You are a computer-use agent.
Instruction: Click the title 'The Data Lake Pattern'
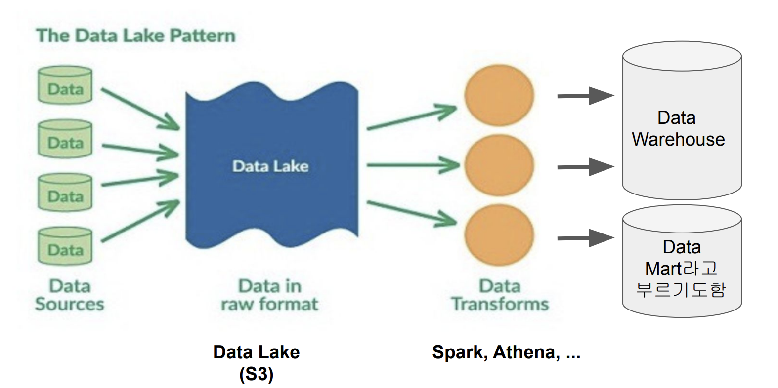(x=135, y=36)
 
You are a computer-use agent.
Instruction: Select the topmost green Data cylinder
(x=65, y=86)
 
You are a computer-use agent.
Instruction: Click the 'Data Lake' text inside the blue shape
(x=270, y=166)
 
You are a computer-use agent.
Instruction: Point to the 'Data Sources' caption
(x=70, y=295)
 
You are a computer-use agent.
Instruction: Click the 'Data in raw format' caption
(x=270, y=295)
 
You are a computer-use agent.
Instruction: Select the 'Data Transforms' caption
(x=500, y=295)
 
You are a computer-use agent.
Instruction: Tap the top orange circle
(x=499, y=96)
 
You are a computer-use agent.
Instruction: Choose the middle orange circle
(x=499, y=165)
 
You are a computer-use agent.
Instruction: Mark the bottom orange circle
(x=499, y=234)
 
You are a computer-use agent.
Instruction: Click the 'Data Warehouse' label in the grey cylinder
(x=678, y=128)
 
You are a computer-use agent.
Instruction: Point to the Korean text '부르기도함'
(x=681, y=289)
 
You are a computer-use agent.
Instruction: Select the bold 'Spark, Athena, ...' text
(x=506, y=352)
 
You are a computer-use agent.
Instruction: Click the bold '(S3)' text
(x=256, y=374)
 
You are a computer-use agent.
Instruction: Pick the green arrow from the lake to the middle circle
(x=413, y=165)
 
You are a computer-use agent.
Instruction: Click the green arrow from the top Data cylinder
(x=139, y=109)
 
